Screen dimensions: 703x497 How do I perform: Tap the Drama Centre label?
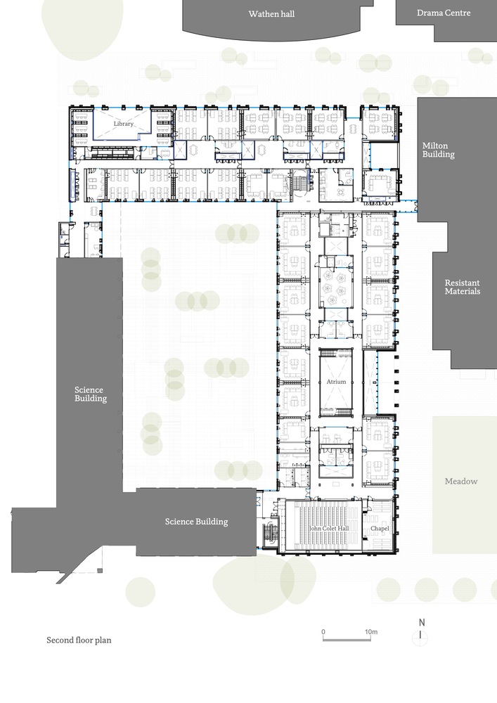444,13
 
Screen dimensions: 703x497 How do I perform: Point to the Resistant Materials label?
462,287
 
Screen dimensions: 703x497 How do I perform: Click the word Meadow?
460,481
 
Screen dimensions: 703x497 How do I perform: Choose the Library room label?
124,124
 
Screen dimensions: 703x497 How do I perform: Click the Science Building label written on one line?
196,522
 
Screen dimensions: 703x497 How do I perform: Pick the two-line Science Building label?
90,394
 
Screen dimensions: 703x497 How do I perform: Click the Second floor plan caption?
79,640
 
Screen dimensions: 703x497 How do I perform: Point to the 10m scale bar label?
371,632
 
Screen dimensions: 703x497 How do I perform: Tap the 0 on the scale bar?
323,632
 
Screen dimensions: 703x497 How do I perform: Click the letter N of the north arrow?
421,622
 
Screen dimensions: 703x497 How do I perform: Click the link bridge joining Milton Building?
408,207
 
